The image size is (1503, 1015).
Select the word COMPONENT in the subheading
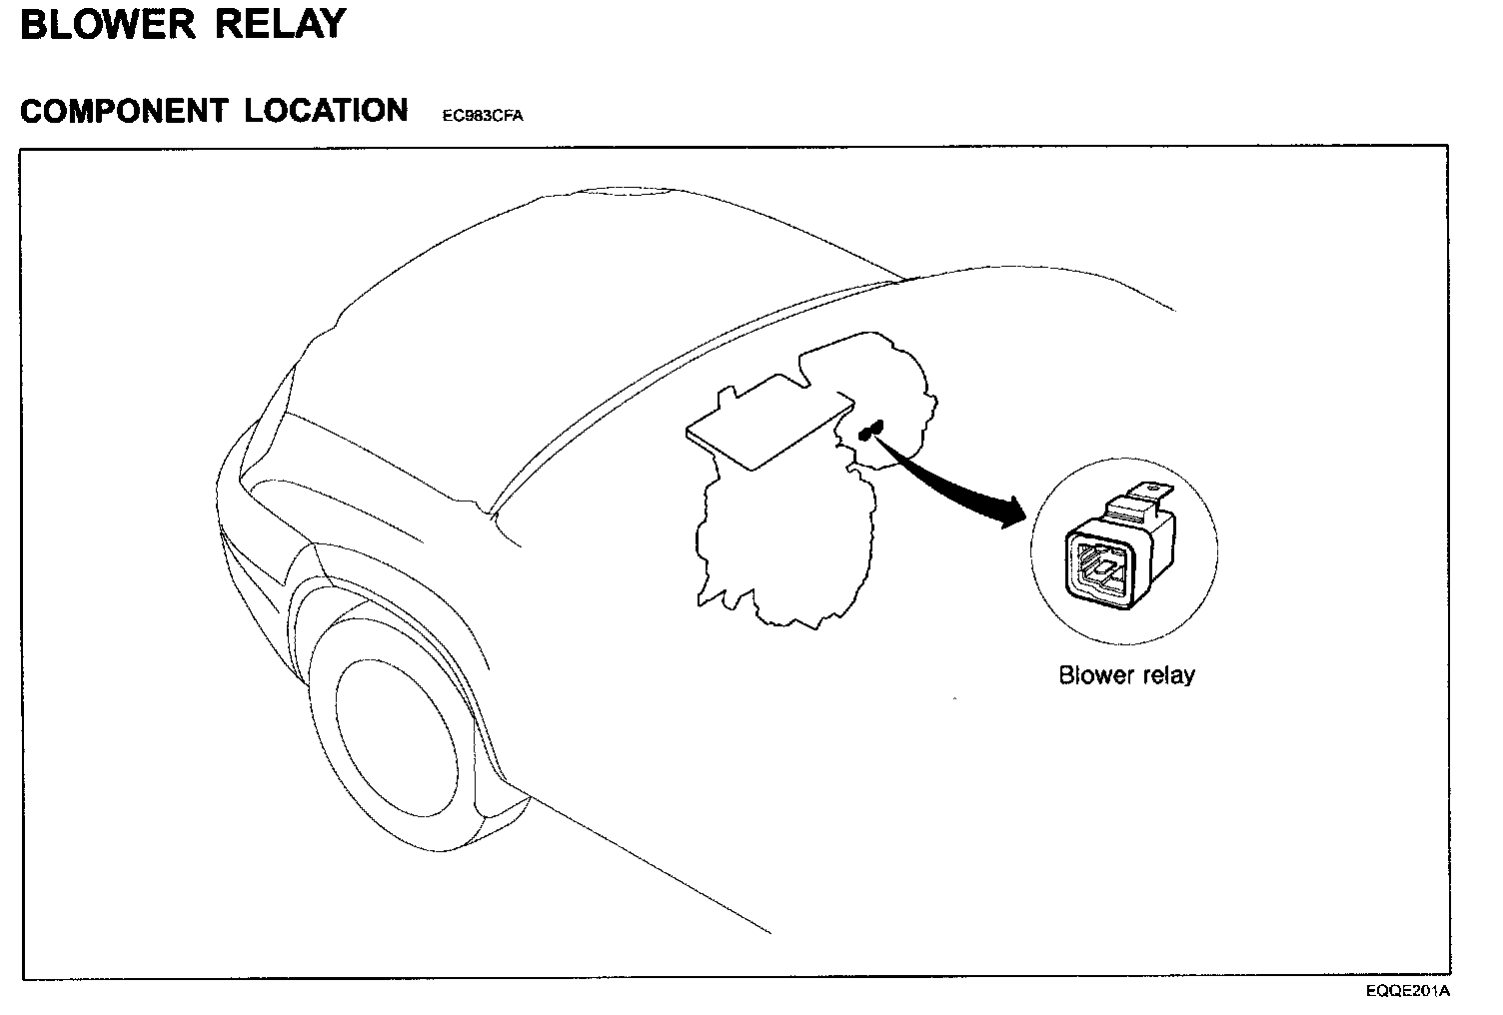pos(123,110)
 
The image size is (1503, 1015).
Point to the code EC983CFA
pos(483,116)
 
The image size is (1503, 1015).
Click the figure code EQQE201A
pos(1408,991)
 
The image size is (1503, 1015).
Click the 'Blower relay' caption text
pos(1126,675)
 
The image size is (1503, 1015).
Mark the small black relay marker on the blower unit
pos(869,431)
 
